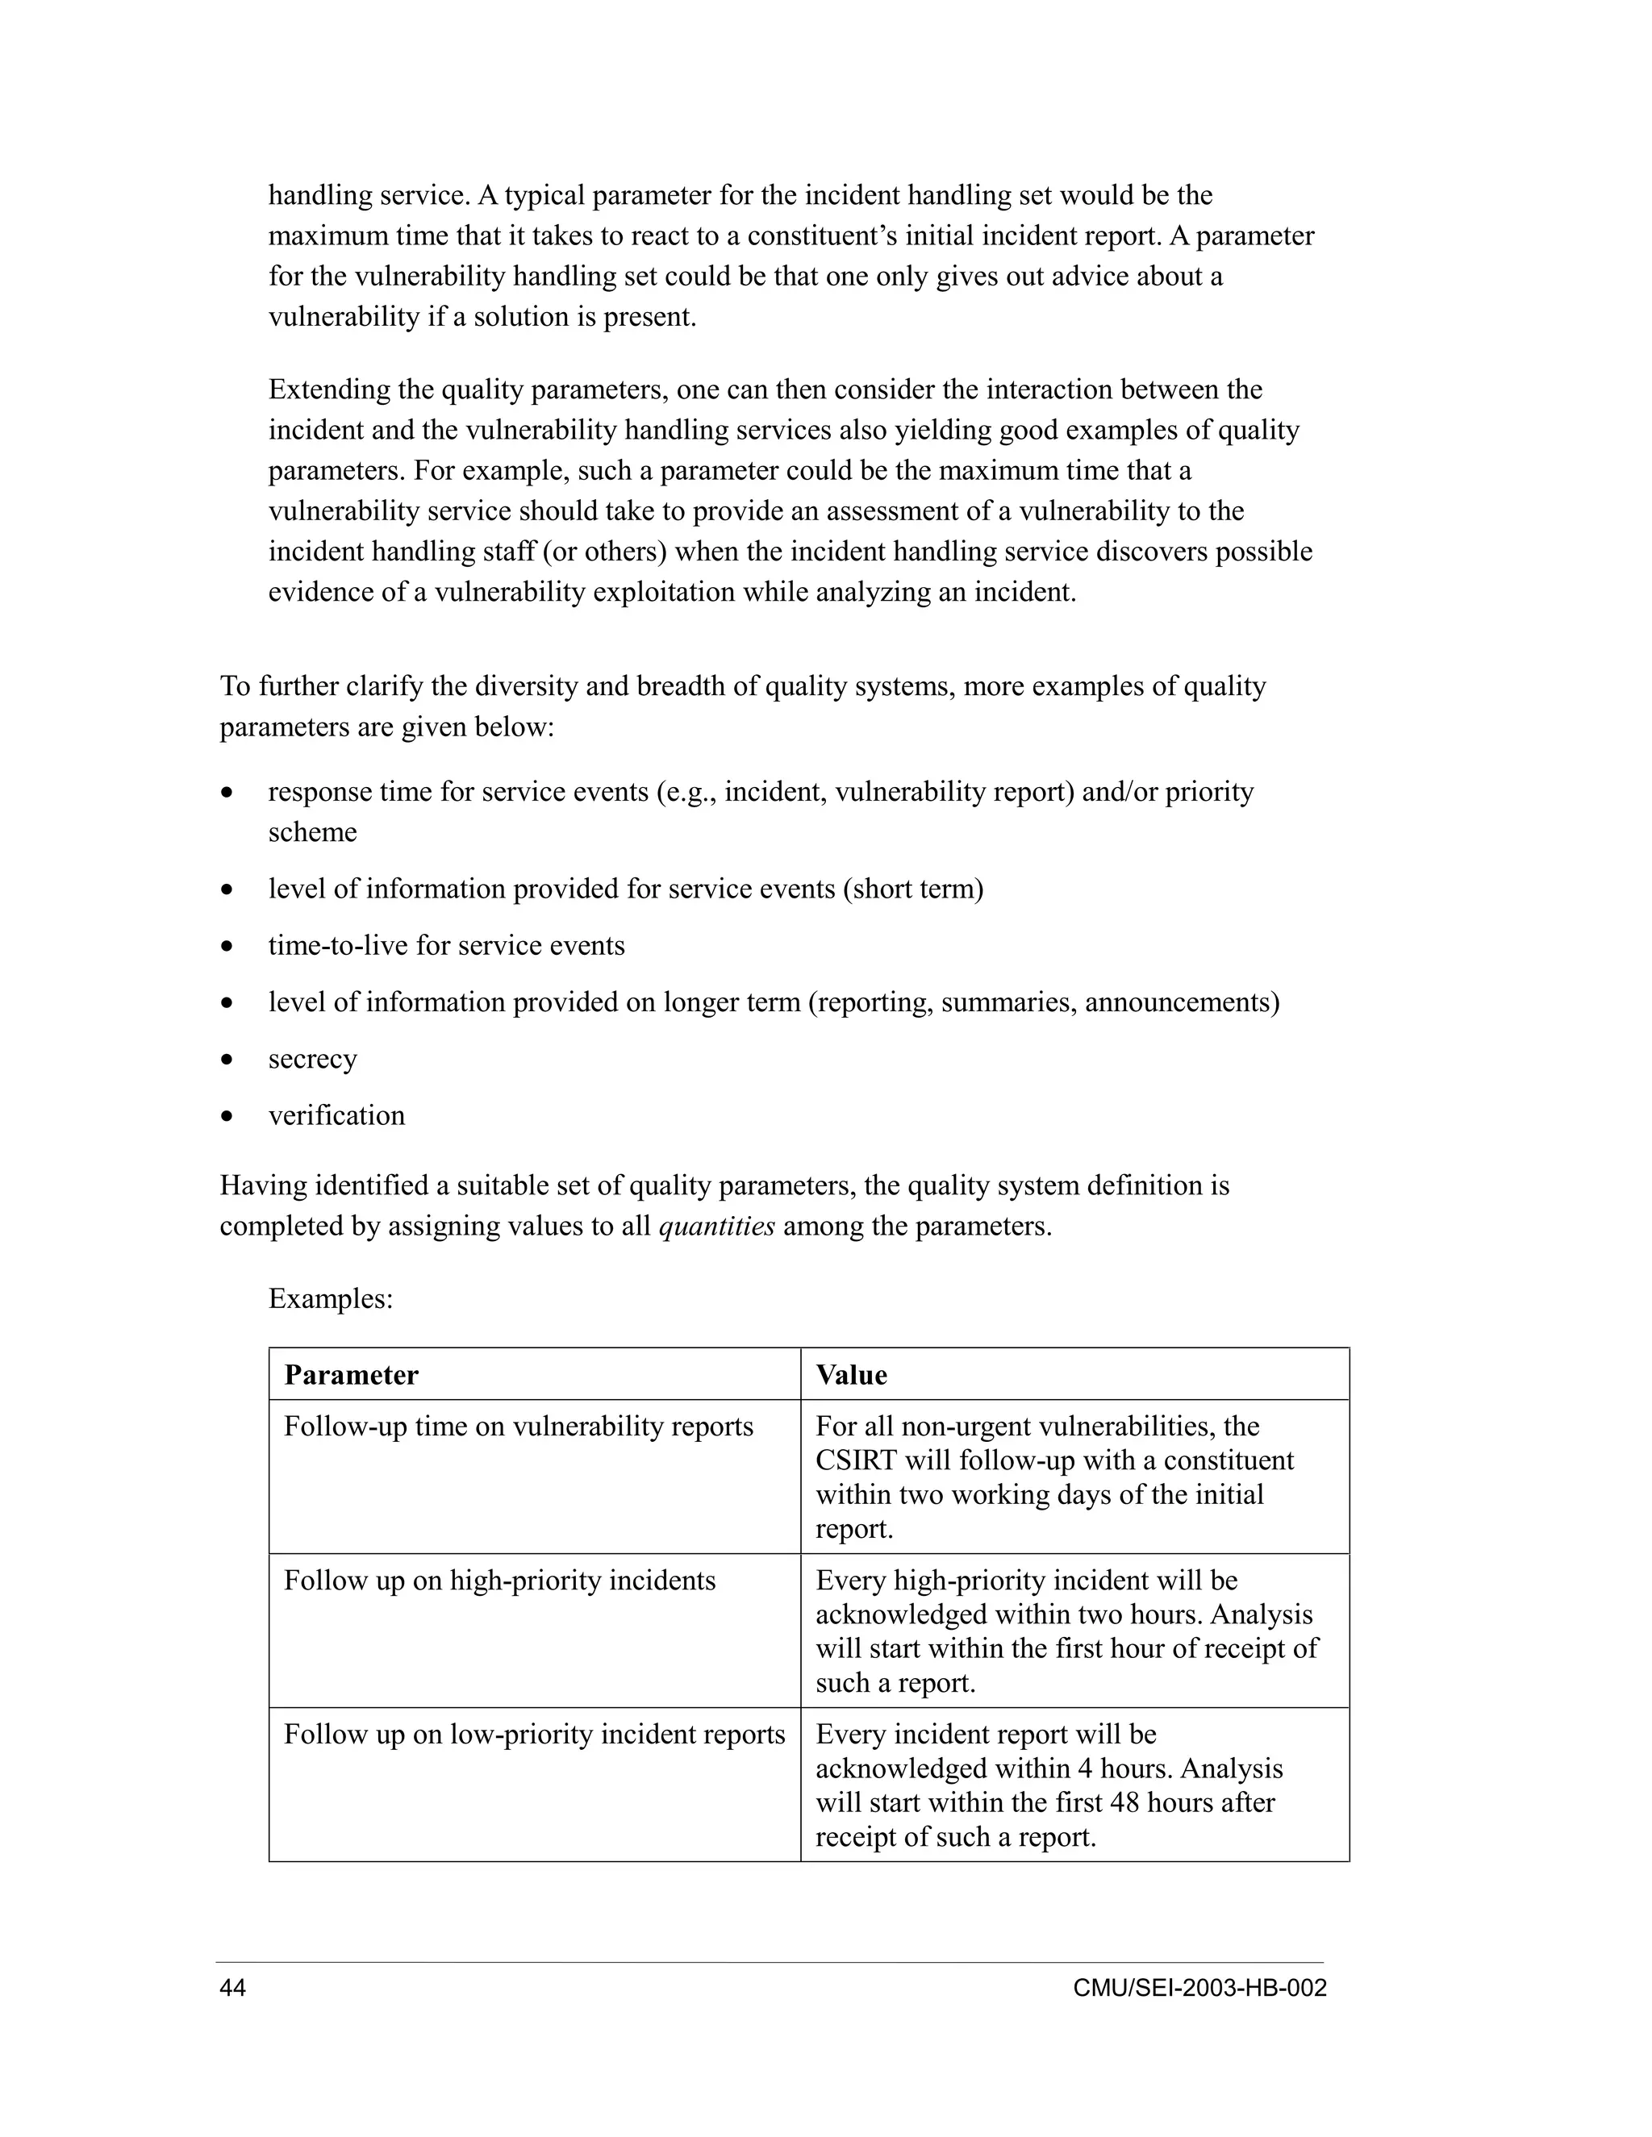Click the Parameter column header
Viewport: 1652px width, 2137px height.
click(350, 1375)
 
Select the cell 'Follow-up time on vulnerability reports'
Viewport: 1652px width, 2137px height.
click(518, 1427)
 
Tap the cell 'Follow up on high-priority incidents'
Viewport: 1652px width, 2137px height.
click(499, 1581)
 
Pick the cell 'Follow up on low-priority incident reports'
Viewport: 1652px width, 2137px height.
click(533, 1734)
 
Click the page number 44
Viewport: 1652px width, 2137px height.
click(233, 1989)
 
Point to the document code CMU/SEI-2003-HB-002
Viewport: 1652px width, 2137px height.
click(1199, 1989)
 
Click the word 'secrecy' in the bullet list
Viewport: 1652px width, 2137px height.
click(312, 1059)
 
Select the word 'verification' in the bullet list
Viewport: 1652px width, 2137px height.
click(336, 1115)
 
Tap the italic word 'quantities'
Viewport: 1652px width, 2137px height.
click(716, 1226)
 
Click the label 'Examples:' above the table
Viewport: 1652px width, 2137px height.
click(331, 1298)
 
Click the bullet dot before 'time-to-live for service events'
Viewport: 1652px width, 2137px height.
click(227, 946)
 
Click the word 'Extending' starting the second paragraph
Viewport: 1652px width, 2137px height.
click(330, 389)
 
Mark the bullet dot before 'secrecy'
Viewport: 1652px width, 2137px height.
click(227, 1060)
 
